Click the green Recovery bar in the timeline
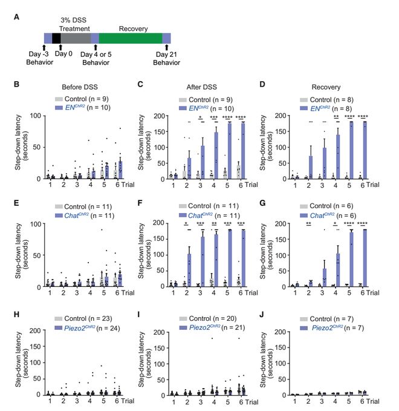point(131,38)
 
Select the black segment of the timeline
point(57,38)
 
